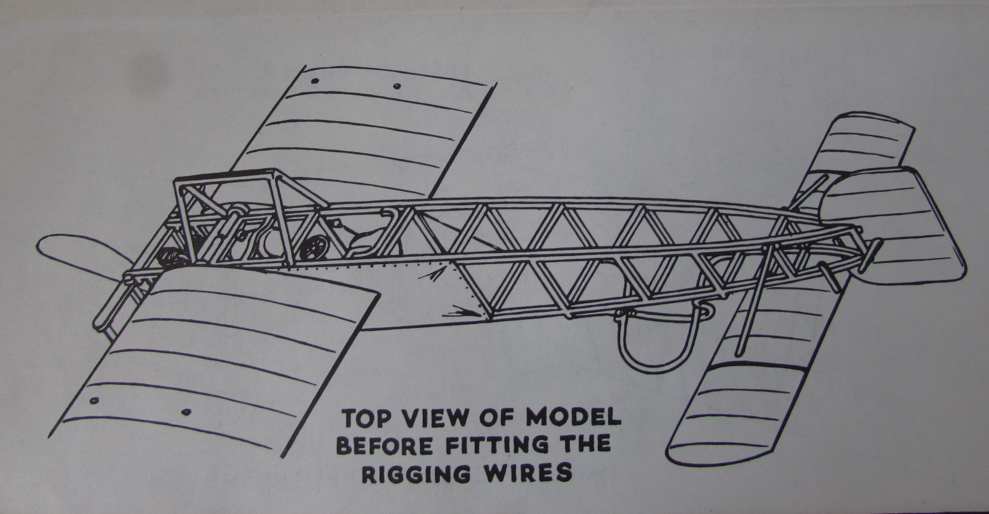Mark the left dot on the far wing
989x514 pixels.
pyautogui.click(x=316, y=81)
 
